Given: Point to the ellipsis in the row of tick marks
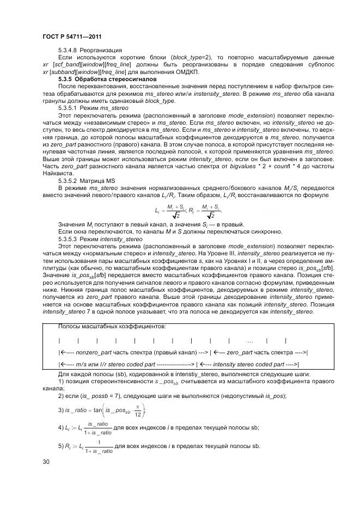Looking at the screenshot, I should coord(250,341).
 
